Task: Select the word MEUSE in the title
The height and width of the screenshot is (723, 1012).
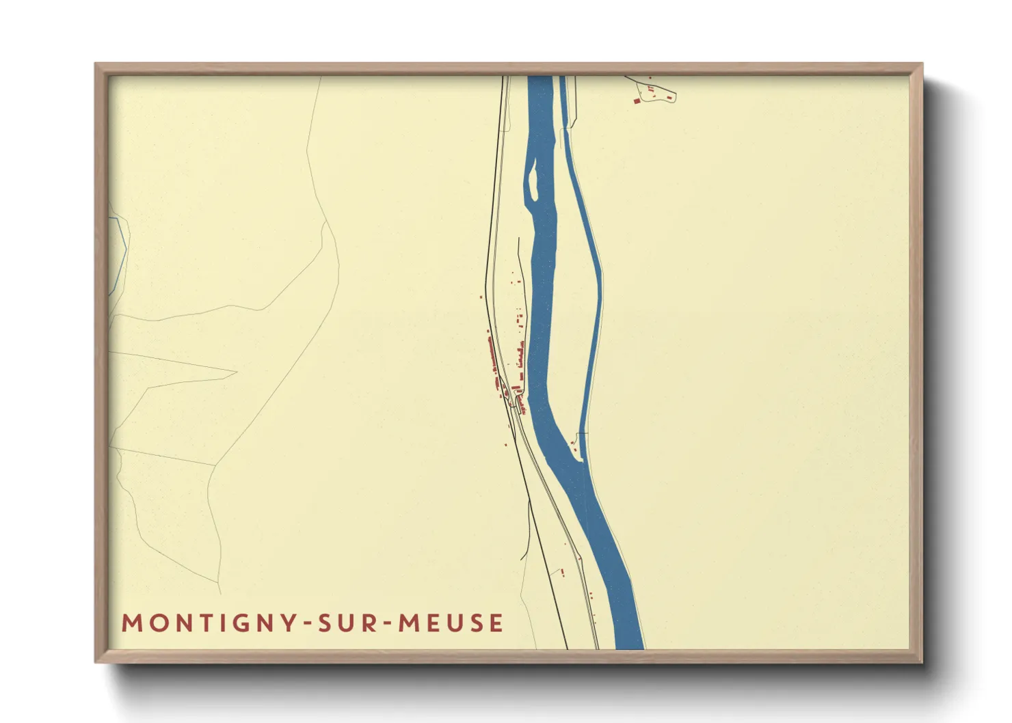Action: coord(451,623)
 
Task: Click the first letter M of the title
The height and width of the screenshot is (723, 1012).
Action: coord(130,623)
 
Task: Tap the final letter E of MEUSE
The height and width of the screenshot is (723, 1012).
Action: coord(497,623)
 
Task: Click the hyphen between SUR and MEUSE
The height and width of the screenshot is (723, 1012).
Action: coord(388,624)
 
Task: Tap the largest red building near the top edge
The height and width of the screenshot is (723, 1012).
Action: coord(637,101)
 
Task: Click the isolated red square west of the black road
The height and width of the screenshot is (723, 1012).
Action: coord(481,297)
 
